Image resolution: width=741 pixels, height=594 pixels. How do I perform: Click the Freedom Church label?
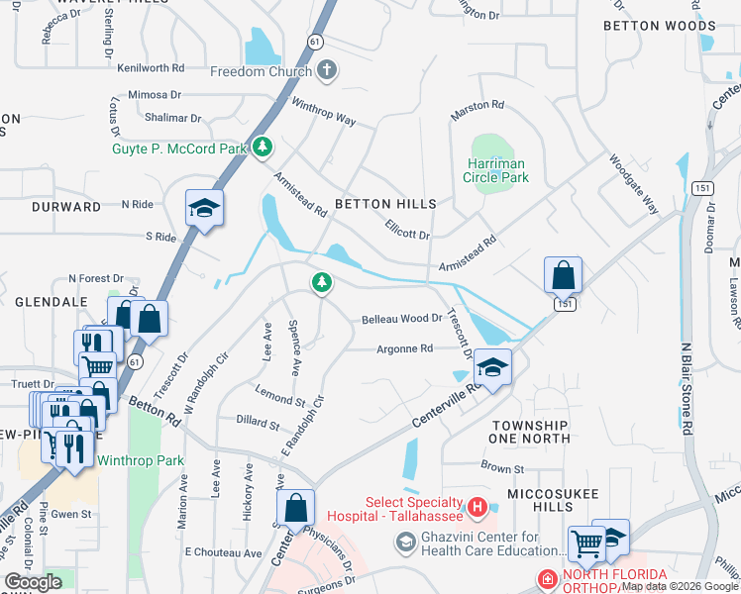[263, 71]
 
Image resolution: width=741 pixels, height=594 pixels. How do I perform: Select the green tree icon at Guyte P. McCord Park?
[263, 147]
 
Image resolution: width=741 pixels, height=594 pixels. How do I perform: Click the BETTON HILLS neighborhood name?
[385, 204]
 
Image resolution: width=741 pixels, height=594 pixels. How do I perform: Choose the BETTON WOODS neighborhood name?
[659, 26]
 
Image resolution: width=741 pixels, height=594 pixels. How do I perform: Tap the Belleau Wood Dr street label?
[401, 319]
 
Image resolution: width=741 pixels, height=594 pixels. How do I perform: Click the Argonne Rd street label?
[404, 348]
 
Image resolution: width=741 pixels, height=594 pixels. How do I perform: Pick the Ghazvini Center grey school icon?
[404, 543]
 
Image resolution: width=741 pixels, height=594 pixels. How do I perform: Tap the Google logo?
[33, 582]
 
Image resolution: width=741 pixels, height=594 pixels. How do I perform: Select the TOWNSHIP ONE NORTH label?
[530, 431]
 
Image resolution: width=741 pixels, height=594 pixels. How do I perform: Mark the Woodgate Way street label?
[634, 184]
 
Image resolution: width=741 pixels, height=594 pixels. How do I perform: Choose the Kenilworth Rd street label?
[151, 68]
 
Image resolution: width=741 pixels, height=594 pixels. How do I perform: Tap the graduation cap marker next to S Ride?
[204, 209]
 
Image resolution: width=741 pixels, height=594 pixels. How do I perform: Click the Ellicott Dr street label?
[408, 229]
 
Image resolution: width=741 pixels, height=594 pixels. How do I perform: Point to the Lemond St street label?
[280, 398]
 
